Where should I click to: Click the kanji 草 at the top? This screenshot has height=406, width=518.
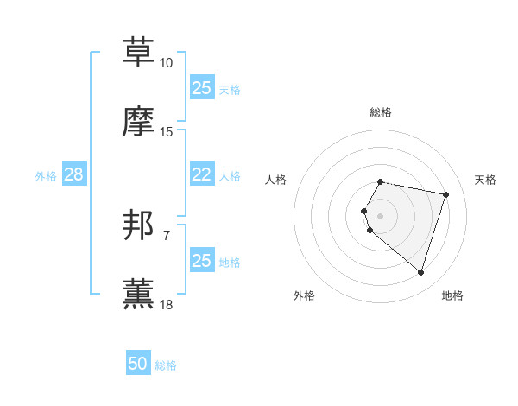coord(139,52)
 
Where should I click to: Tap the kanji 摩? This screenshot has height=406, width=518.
coord(139,122)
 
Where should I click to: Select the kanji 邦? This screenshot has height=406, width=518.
coord(139,226)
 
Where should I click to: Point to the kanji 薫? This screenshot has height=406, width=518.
coord(139,295)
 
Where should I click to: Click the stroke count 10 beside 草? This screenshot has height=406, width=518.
coord(167,63)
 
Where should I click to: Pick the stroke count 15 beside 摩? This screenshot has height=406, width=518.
coord(167,132)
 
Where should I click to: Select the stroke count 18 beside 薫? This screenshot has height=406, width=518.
coord(167,305)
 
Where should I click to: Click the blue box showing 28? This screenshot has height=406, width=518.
coord(73,174)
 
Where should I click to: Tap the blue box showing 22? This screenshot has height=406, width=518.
coord(201,174)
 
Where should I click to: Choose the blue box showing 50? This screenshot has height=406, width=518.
coord(138,364)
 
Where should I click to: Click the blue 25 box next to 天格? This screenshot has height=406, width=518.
coord(201,87)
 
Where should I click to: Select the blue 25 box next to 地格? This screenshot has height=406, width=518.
coord(201,260)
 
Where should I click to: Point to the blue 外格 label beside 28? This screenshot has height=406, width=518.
coord(46,176)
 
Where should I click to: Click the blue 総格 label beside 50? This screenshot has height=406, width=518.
coord(166,365)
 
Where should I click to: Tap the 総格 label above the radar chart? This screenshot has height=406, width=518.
coord(381,112)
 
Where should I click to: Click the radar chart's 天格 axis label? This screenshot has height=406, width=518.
coord(485,180)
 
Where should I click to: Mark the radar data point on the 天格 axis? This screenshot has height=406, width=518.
coord(445,194)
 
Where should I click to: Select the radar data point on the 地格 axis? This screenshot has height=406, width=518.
coord(420,272)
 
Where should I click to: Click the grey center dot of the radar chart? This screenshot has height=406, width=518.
coord(381,215)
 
